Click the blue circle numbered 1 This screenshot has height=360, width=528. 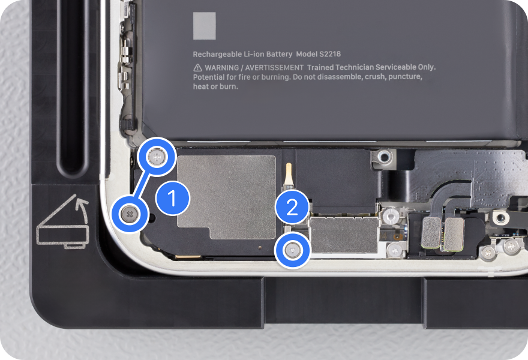tap(173, 198)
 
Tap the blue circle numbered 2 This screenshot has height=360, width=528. tap(292, 207)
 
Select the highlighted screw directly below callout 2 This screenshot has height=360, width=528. tap(292, 251)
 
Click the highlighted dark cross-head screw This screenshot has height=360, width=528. tap(130, 214)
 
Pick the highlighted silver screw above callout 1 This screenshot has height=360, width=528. tap(157, 157)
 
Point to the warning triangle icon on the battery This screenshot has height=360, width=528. tap(197, 68)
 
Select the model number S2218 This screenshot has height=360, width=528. tap(330, 54)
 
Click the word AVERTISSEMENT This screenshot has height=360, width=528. tap(274, 68)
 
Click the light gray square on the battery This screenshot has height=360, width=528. tap(205, 26)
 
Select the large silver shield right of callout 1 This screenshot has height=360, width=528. tap(226, 197)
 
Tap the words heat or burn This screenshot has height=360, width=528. tap(215, 86)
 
